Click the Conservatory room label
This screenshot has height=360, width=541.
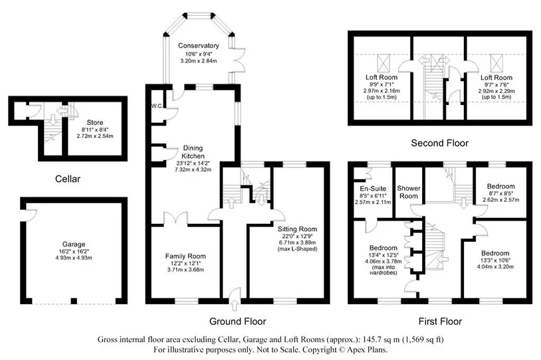[x=199, y=46]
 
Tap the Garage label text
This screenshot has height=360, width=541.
[x=74, y=244]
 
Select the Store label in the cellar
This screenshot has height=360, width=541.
[x=95, y=122]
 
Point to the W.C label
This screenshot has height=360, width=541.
[x=156, y=106]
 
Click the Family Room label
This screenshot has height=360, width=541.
[x=185, y=256]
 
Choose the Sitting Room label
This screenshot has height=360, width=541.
[x=297, y=229]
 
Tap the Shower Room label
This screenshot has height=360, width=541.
[x=409, y=192]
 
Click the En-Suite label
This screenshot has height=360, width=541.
[x=373, y=189]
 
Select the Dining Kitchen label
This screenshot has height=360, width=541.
[x=193, y=151]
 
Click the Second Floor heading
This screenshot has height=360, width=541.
[x=439, y=143]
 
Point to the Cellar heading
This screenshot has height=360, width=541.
[x=68, y=179]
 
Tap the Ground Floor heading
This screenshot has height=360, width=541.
[x=238, y=321]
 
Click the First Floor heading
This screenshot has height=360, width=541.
[x=440, y=321]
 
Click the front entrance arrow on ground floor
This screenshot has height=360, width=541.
[x=236, y=306]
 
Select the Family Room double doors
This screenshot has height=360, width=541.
[x=175, y=219]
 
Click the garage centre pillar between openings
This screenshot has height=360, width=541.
[x=74, y=301]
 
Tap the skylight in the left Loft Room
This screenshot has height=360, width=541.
[x=383, y=63]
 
